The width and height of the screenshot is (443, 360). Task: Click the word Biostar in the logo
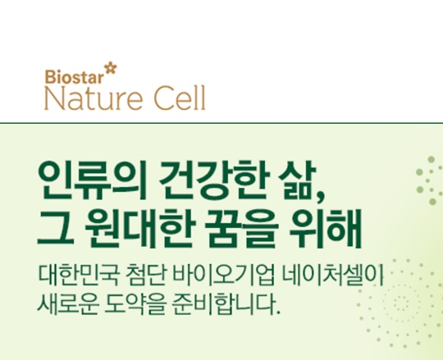pos(75,76)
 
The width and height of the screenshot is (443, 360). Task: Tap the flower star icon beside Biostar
pos(111,70)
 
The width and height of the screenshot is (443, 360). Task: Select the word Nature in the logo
pos(94,98)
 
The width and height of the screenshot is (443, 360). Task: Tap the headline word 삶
pos(296,180)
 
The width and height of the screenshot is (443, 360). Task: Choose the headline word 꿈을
pos(241,230)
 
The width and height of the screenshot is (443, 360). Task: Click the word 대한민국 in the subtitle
pos(75,275)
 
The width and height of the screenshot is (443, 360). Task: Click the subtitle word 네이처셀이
pos(333,275)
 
